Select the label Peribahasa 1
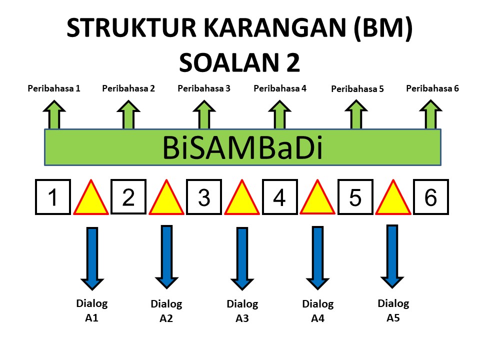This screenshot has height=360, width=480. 54,89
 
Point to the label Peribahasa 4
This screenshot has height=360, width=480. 280,89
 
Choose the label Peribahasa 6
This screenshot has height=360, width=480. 432,89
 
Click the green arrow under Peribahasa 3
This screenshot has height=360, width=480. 203,114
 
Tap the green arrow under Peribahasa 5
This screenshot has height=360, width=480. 355,114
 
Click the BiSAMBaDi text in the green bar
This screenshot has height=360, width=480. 242,147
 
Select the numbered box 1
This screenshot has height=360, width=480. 52,197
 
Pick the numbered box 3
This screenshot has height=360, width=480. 204,197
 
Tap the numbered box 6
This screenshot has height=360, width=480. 430,197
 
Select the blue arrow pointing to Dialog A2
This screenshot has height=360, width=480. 166,257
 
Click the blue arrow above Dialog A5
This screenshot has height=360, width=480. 392,257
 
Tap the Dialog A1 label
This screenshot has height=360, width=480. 91,310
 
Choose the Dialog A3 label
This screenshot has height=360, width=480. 242,310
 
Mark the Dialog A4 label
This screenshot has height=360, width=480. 318,310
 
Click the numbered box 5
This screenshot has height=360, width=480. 355,197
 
